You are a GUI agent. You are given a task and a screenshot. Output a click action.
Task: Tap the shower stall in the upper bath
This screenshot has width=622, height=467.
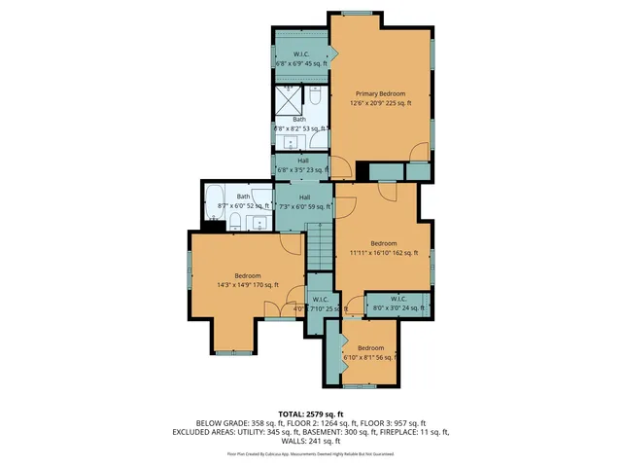click(x=289, y=100)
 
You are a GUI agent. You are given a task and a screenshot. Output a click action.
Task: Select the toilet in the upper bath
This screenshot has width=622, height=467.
click(x=316, y=97)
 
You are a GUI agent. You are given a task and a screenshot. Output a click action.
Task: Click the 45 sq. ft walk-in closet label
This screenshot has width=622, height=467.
click(x=301, y=58)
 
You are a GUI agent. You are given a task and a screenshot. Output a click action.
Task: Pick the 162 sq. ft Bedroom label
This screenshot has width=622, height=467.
click(x=383, y=247)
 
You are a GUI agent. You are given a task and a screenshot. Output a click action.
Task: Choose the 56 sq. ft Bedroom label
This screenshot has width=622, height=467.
click(x=370, y=352)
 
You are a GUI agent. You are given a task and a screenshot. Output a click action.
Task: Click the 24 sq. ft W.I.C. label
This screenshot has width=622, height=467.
click(x=397, y=303)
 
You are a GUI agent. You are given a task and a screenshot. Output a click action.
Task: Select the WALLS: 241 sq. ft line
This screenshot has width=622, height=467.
click(x=311, y=440)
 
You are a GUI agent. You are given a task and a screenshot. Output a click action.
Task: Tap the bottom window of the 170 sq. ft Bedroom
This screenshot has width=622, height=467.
click(x=233, y=351)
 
